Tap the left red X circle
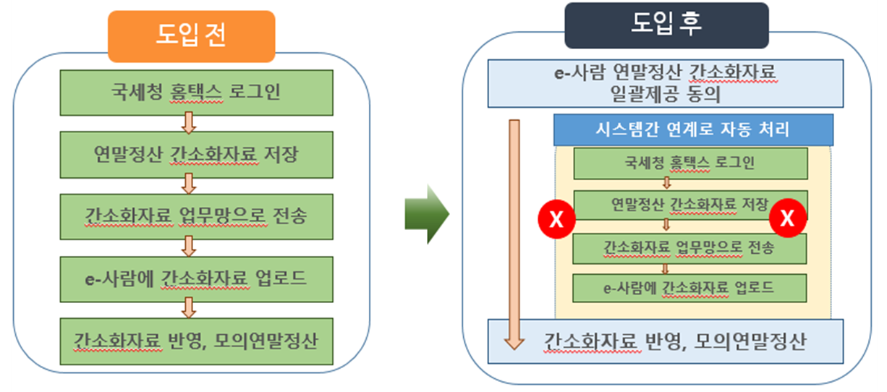[x=556, y=218]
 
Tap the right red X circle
[x=788, y=218]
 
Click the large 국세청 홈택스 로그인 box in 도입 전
[x=196, y=93]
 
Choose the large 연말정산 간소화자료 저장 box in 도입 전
[x=196, y=154]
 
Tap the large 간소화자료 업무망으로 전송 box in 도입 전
[x=196, y=216]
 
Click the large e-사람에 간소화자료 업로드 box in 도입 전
[x=196, y=278]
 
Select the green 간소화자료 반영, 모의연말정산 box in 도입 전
[x=196, y=341]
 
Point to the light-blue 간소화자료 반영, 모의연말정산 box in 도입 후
[x=666, y=341]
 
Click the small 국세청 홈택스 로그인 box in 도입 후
[x=690, y=163]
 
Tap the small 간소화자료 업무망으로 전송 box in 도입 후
[x=690, y=247]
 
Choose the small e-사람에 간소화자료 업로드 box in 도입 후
[x=690, y=287]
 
